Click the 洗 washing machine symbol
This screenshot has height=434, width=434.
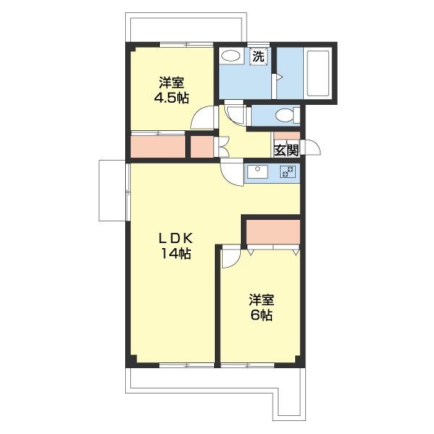(259, 56)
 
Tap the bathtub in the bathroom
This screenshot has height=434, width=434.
(318, 73)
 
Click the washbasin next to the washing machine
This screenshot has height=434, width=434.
(231, 56)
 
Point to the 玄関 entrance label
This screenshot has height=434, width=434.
(286, 150)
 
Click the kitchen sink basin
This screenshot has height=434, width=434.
(258, 171)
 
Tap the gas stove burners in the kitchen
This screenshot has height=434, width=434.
(288, 171)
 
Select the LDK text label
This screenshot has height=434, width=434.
(176, 238)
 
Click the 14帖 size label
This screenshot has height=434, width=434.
(176, 253)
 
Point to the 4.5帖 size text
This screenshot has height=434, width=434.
(171, 98)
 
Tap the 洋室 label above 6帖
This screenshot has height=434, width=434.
(261, 300)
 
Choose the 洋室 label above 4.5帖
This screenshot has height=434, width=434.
(171, 82)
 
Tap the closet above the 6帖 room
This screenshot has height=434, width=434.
(273, 232)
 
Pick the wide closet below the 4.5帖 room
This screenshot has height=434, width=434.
(158, 146)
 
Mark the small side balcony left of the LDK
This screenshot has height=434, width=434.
(112, 190)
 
